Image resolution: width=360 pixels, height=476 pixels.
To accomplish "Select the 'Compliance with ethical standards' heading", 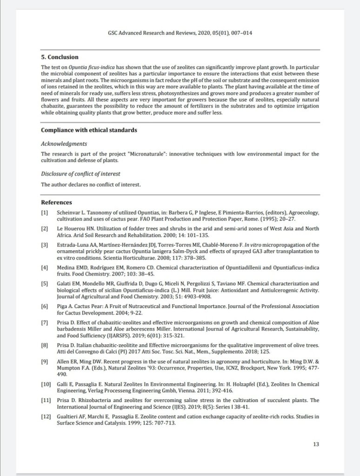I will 89,130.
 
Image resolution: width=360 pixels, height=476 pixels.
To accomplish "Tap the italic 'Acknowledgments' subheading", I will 64,143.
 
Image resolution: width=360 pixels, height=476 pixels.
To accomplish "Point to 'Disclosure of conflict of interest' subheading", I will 80,174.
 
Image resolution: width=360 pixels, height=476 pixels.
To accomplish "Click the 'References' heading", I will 56,202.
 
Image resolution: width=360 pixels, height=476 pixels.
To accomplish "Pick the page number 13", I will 316,444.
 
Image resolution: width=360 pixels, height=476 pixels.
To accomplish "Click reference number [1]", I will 45,212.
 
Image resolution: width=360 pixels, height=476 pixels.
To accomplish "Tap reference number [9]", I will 45,361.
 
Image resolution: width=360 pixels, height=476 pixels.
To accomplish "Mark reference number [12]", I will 46,416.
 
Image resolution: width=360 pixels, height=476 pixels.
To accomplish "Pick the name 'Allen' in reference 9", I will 63,361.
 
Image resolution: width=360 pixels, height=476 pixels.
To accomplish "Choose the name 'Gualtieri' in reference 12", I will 68,416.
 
